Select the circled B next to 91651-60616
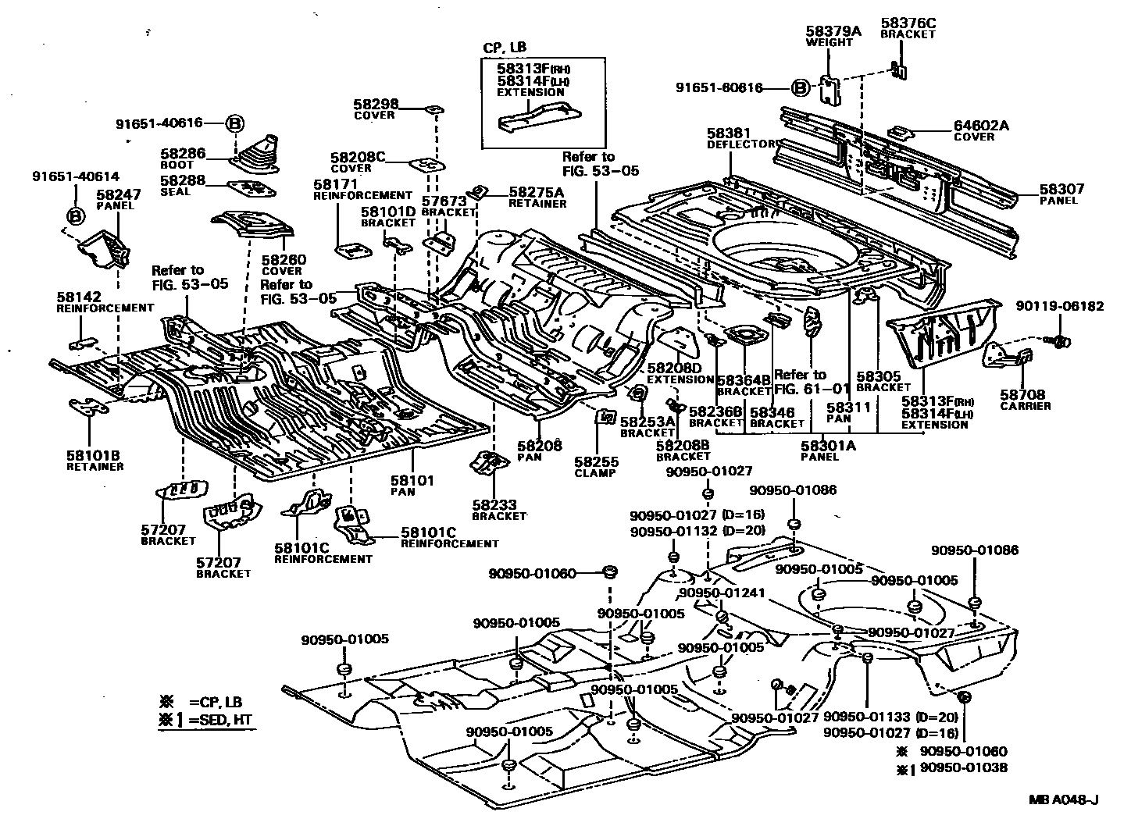coord(800,88)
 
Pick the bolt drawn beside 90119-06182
coord(1060,340)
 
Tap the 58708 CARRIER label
coord(1025,400)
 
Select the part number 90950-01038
coord(963,767)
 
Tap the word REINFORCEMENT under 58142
coord(105,308)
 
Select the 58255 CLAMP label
coord(595,467)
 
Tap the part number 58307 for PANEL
coord(1058,189)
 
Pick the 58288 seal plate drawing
coord(252,188)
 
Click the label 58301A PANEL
coord(828,450)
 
